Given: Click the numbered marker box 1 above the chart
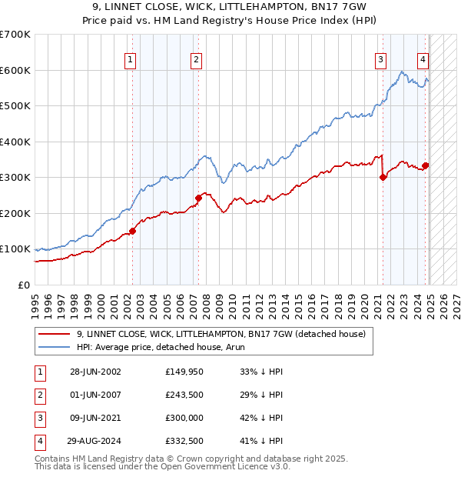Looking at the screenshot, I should click(x=130, y=58).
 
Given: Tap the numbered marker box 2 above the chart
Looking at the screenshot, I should click(x=197, y=58).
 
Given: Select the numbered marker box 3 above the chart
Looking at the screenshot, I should click(x=380, y=58).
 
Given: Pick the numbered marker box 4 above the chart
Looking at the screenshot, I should click(x=423, y=58).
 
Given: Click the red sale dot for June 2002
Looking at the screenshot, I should click(x=132, y=230).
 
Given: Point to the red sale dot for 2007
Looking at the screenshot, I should click(x=198, y=198).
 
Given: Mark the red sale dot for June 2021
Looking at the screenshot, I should click(x=383, y=177).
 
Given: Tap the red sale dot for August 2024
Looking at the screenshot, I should click(x=426, y=165).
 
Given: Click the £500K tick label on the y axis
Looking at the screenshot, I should click(x=15, y=106).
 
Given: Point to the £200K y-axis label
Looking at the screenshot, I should click(x=15, y=213).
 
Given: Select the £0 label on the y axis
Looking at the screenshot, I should click(x=23, y=285).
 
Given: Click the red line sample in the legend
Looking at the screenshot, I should click(x=54, y=334).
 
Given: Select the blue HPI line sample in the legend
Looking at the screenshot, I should click(x=54, y=347).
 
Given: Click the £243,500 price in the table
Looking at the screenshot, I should click(x=183, y=395).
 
